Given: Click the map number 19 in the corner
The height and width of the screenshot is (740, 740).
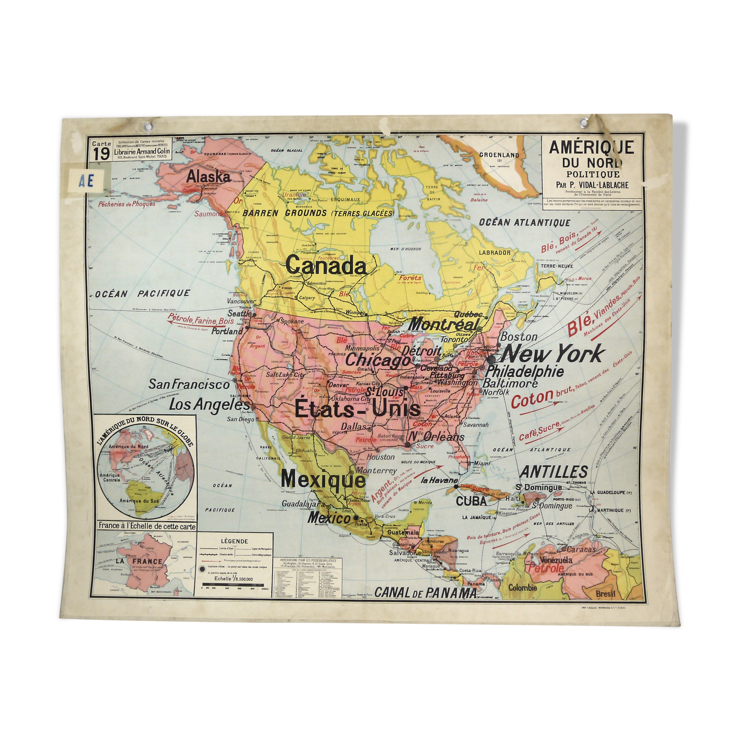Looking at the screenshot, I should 101,153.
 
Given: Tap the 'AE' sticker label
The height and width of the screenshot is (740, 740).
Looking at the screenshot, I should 86,180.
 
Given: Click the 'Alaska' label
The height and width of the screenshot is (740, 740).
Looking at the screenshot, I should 208,176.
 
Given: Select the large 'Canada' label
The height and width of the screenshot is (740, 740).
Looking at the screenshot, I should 326,265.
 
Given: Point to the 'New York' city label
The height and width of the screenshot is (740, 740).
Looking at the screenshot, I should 552,353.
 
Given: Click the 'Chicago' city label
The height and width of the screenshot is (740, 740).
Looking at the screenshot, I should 378,360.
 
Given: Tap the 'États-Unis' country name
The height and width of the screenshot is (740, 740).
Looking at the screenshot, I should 358,408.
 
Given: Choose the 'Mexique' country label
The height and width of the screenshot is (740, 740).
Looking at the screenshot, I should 323,478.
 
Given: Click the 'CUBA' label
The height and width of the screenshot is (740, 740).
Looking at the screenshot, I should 471,501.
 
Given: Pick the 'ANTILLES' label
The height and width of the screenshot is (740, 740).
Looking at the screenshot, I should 554,472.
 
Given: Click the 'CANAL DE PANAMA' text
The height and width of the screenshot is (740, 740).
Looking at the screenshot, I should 426,592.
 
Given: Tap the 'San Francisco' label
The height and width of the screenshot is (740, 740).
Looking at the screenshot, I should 189,384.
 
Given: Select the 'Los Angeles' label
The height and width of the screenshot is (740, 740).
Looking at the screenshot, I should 209,405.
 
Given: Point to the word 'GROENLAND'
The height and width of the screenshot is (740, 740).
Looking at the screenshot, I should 499,155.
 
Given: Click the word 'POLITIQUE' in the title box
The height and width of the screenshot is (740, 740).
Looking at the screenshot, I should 593,174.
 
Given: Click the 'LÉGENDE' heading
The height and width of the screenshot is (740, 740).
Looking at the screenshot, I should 235,541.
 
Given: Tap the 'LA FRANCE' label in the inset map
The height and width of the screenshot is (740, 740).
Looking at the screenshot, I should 139,561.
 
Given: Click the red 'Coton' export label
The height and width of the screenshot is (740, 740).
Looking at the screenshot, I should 532,400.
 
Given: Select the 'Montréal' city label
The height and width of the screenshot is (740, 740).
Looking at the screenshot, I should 444,324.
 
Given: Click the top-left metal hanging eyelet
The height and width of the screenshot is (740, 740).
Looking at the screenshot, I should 148,126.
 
